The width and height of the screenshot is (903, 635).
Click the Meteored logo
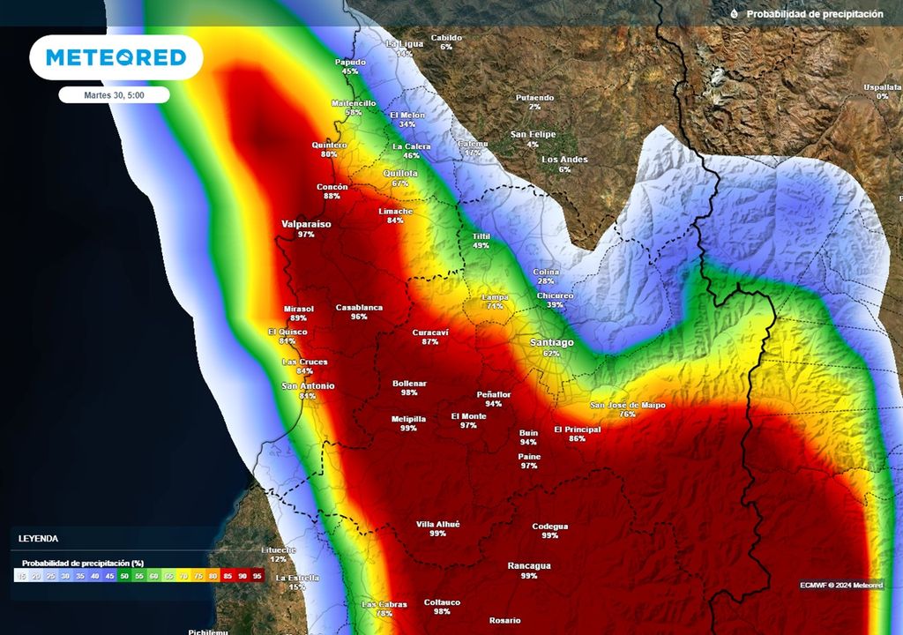click(116, 57)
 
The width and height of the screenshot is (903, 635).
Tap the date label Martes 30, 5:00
click(114, 94)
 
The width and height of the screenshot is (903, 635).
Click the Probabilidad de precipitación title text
click(814, 14)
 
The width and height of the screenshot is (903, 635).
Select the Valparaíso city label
click(306, 224)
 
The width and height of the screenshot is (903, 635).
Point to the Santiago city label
click(551, 342)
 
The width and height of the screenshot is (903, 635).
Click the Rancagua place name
click(529, 565)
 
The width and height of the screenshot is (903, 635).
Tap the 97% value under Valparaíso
click(306, 235)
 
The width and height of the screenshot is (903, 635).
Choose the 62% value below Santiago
click(551, 353)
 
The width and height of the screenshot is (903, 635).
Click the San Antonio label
click(308, 385)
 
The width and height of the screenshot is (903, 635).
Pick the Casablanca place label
click(359, 307)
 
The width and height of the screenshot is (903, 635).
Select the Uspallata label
click(882, 86)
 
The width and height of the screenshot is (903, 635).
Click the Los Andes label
click(564, 160)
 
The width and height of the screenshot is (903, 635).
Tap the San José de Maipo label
click(628, 405)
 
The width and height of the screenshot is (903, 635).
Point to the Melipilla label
click(408, 418)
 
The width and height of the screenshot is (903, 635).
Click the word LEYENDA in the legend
click(39, 537)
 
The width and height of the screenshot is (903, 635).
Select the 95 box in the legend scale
click(257, 576)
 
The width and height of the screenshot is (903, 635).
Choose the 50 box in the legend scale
click(123, 576)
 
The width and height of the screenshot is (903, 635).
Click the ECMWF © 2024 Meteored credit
click(841, 585)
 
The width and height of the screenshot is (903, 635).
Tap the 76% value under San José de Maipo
click(628, 414)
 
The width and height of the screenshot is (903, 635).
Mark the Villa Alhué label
click(437, 524)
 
